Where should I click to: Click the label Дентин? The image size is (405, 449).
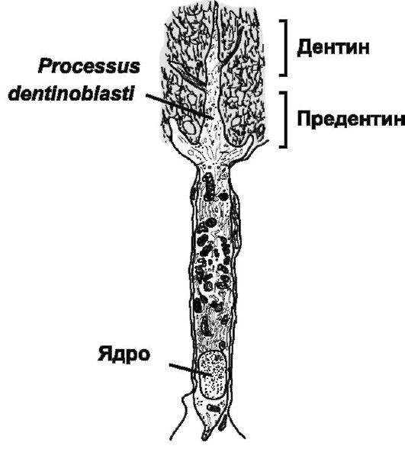(x=333, y=47)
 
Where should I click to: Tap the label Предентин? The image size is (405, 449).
(x=351, y=119)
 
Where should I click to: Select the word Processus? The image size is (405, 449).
(x=89, y=67)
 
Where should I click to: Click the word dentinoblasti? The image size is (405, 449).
(x=72, y=93)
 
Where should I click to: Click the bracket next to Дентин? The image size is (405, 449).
(x=286, y=48)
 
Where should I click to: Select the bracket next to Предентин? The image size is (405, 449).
(x=286, y=120)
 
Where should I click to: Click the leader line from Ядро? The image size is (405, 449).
(x=191, y=370)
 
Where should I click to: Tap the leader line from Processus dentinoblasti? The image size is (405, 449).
(x=179, y=106)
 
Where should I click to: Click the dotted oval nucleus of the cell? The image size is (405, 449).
(x=212, y=375)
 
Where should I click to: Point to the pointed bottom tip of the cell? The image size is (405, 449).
(x=205, y=440)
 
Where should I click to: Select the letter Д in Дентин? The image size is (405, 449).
(x=304, y=48)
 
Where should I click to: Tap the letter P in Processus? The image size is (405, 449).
(x=46, y=67)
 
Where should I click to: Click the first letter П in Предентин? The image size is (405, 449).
(x=304, y=119)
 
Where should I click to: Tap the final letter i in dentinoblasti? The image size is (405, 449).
(x=132, y=93)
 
